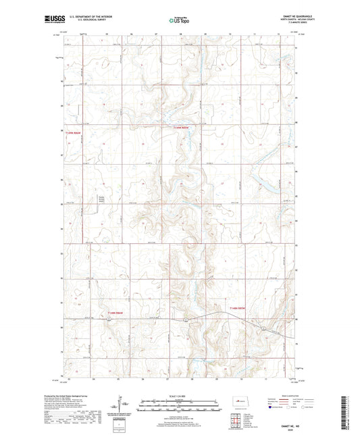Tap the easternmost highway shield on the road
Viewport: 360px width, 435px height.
click(262, 327)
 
